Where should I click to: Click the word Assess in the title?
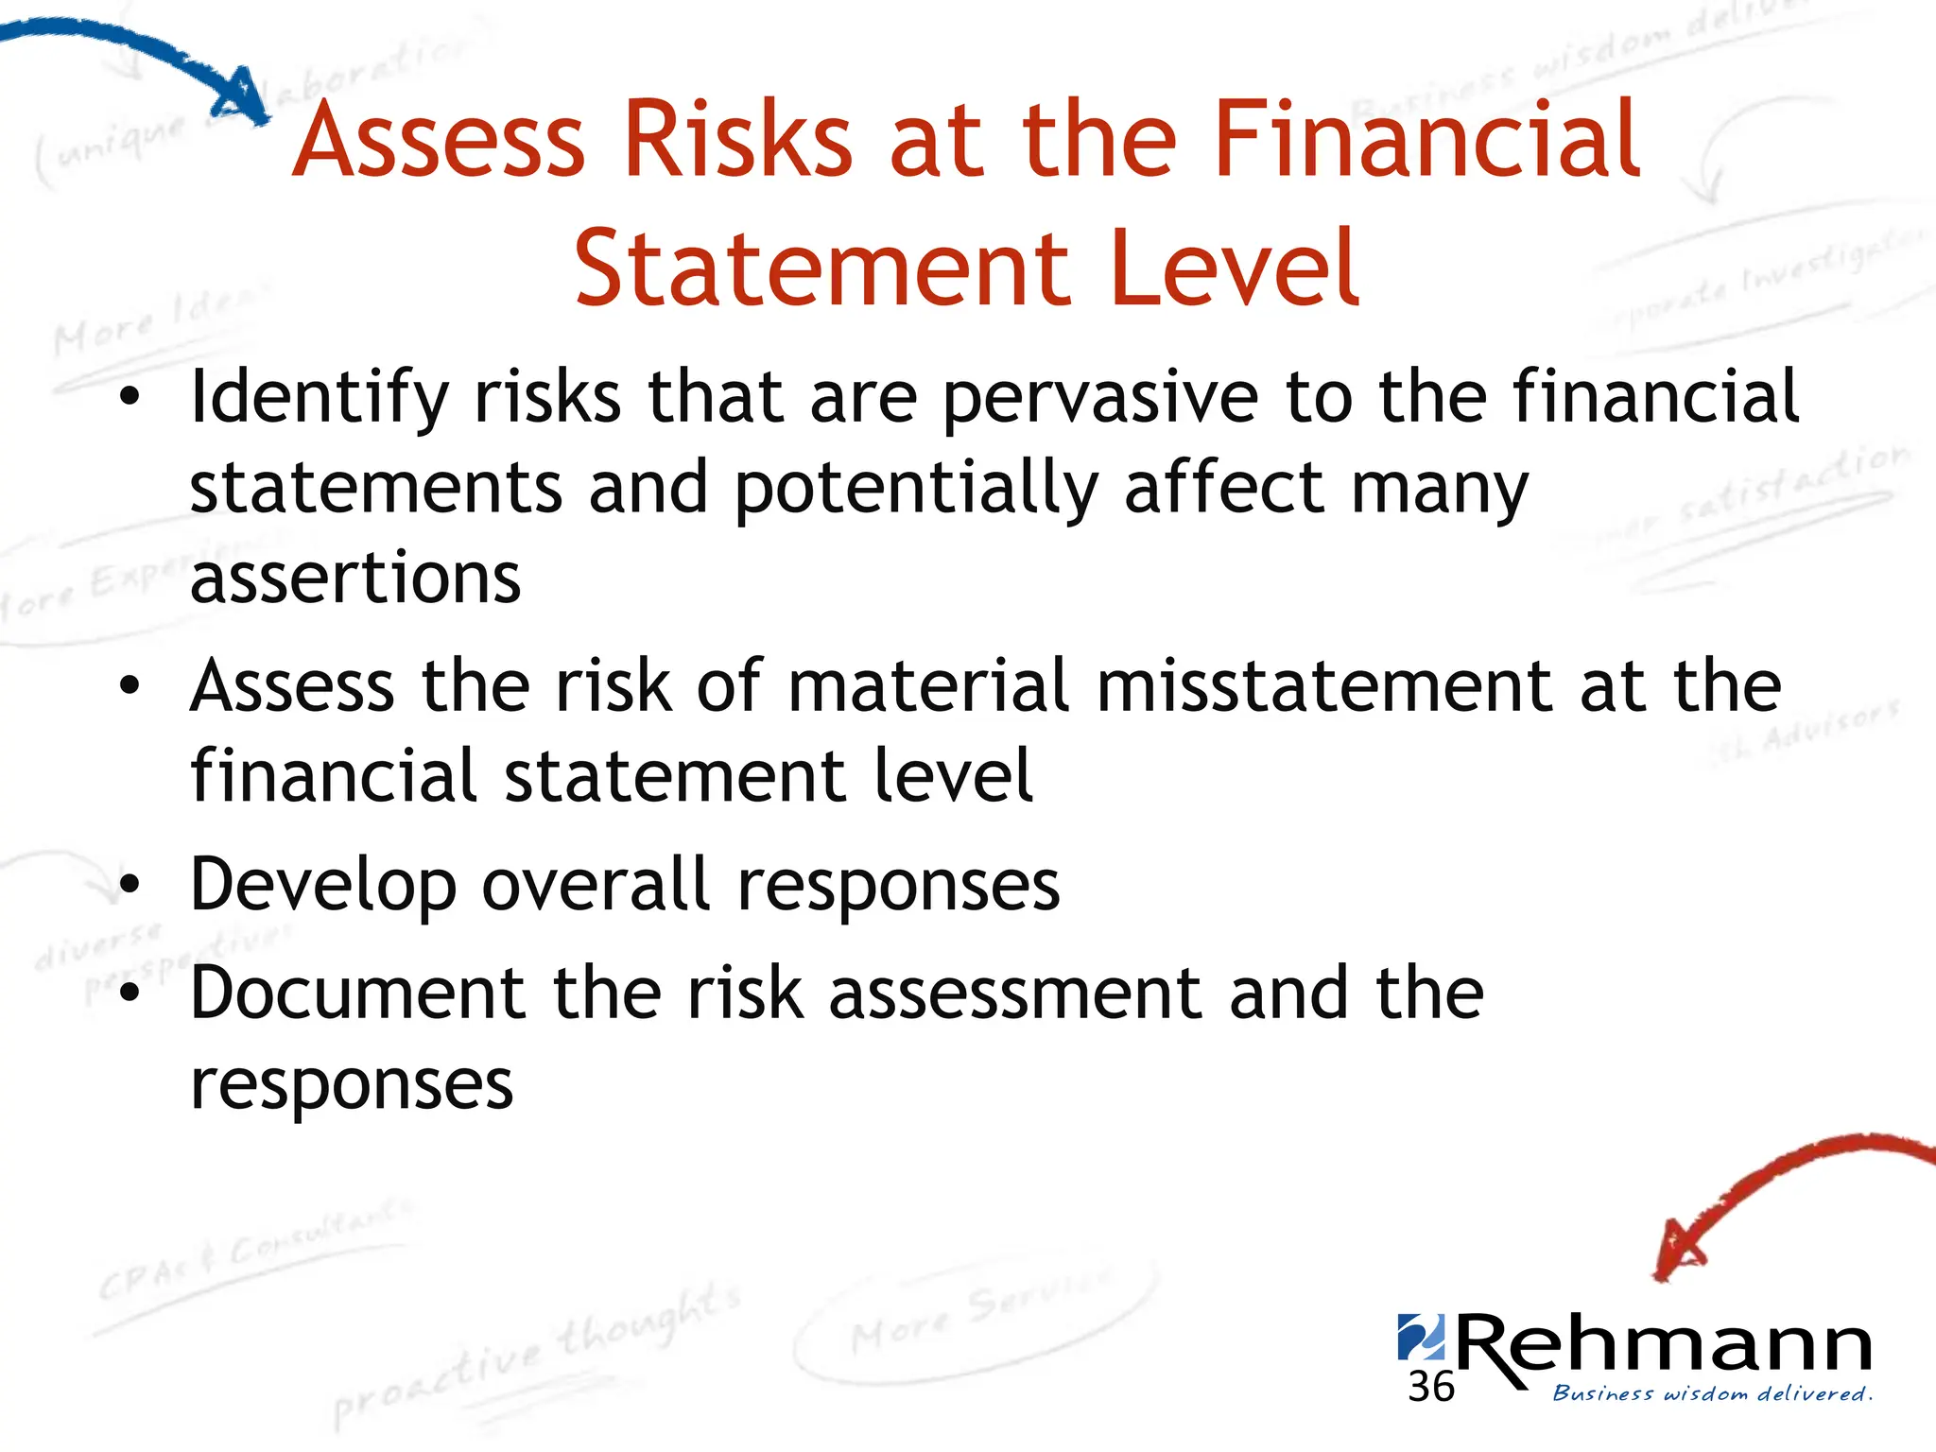pos(439,142)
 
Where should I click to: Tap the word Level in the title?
pos(1235,270)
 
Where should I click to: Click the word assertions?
pos(355,579)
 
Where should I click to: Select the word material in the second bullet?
pos(928,687)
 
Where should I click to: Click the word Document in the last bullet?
pos(357,994)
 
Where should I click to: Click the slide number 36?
pos(1430,1388)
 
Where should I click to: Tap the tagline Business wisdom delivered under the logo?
pos(1711,1394)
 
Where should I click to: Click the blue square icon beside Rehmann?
pos(1420,1336)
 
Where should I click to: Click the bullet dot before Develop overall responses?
pos(130,886)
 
